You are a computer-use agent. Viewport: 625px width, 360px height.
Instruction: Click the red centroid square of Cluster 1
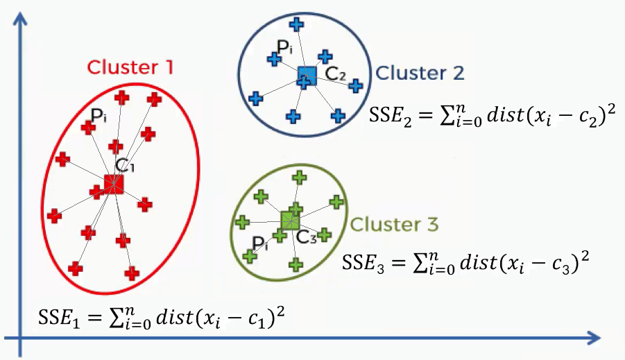pos(114,184)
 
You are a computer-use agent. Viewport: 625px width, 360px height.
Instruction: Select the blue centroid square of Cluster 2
pos(306,76)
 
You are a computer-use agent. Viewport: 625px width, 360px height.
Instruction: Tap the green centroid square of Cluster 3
pos(290,221)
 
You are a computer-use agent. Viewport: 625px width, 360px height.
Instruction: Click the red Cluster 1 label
pos(130,67)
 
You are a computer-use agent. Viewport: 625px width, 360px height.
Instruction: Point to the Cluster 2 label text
pos(420,73)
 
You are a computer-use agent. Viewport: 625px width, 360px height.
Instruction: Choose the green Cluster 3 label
pos(395,225)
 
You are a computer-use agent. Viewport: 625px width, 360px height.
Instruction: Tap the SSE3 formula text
pos(466,262)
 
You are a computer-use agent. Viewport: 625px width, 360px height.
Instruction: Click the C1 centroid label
pos(125,166)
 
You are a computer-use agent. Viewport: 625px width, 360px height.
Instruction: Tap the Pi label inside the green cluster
pos(260,243)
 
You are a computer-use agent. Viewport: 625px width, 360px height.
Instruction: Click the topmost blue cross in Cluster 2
pos(296,25)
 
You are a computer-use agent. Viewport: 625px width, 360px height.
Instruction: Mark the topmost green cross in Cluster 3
pos(299,178)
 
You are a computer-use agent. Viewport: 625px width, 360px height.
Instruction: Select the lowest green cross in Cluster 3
pos(296,264)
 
